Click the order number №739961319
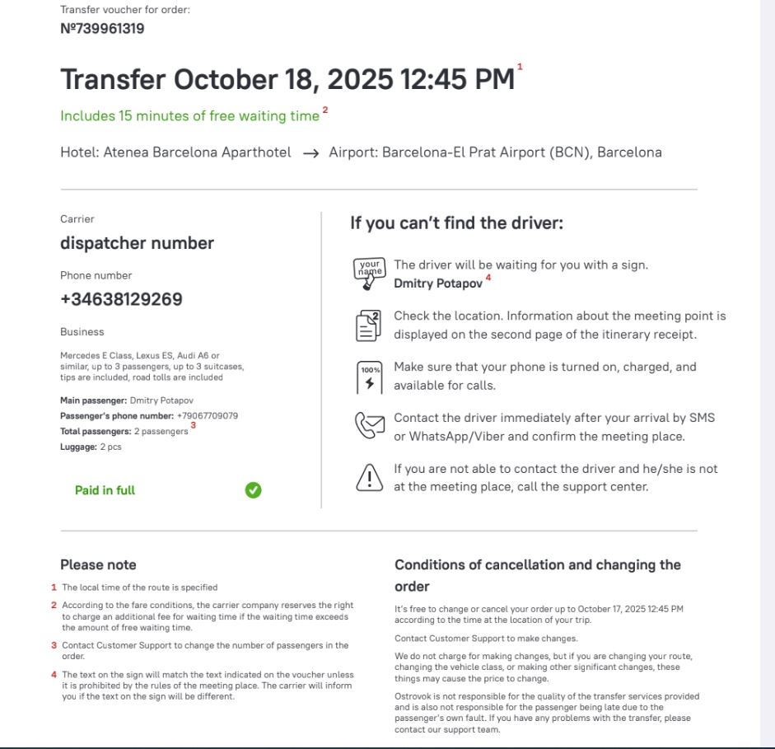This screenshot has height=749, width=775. pos(102,29)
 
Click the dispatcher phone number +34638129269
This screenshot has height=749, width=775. pos(121,299)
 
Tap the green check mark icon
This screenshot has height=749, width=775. pos(253,490)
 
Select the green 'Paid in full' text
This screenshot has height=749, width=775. pos(105,490)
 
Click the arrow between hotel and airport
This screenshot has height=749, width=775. pos(310,153)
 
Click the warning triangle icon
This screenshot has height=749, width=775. pos(369,478)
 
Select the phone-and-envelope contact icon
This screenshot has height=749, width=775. pos(369,426)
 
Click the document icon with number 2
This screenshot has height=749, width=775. pos(369,325)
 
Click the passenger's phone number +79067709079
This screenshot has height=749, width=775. pos(208,416)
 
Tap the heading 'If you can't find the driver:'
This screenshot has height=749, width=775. pos(456,223)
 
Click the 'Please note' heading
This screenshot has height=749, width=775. pos(98,565)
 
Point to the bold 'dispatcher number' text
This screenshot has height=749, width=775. pos(137,243)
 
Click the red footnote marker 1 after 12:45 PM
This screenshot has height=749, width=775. pos(520,67)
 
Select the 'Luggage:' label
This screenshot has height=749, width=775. pos(78,447)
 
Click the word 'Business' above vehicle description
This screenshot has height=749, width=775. pos(82,332)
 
